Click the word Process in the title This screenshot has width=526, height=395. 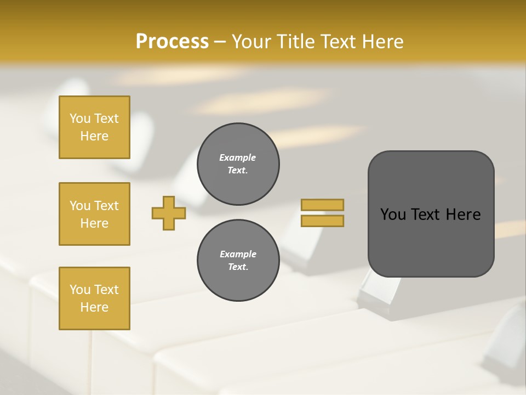click(172, 42)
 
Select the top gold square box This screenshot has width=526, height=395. click(94, 127)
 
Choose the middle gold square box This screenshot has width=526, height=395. click(94, 214)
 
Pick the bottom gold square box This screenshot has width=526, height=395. click(94, 298)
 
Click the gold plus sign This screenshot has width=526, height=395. click(169, 213)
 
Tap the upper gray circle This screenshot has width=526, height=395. click(238, 164)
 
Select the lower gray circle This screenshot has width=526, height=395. click(238, 261)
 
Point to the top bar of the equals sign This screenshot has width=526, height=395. click(322, 205)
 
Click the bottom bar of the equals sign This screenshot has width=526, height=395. click(322, 221)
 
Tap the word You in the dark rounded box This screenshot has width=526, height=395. click(393, 214)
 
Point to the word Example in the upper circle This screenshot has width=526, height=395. click(237, 157)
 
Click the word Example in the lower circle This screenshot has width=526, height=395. click(238, 254)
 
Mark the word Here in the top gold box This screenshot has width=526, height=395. click(94, 136)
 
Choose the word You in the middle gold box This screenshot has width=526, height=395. click(79, 206)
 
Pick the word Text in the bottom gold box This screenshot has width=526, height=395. click(106, 290)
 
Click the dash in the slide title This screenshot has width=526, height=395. click(220, 42)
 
